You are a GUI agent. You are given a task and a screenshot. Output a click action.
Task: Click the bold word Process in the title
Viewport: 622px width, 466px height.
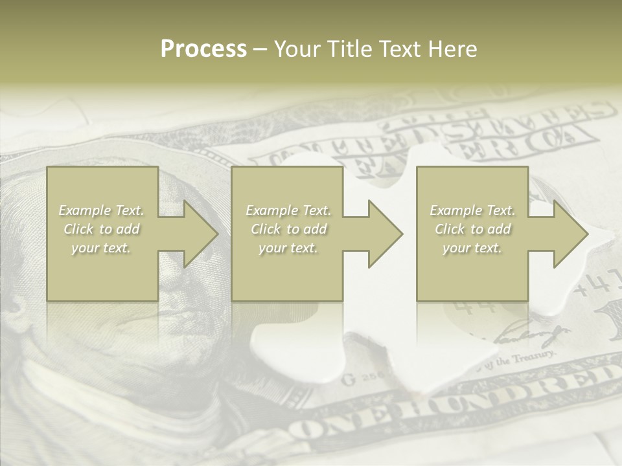[x=203, y=49]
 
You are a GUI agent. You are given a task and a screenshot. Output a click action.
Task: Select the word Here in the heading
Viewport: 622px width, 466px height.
[x=453, y=49]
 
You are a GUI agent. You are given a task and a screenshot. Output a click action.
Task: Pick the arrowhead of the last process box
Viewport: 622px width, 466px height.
[x=570, y=234]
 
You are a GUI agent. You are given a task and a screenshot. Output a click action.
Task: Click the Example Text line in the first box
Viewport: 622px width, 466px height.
[x=102, y=210]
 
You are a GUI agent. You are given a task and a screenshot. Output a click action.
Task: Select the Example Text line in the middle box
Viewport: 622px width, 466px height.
[x=288, y=210]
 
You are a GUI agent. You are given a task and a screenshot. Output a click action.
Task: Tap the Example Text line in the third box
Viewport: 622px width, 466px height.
[x=472, y=210]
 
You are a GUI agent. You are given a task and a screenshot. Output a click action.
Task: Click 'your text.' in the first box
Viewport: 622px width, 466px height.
[x=101, y=248]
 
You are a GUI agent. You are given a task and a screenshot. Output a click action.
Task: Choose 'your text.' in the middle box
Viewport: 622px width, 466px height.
[x=288, y=248]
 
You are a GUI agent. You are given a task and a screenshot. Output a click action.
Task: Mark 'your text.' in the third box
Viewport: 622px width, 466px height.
[x=472, y=248]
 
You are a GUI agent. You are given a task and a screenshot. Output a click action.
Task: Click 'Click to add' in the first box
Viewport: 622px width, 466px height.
[x=102, y=229]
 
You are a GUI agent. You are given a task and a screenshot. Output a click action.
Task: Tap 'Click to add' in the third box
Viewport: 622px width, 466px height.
[x=472, y=229]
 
